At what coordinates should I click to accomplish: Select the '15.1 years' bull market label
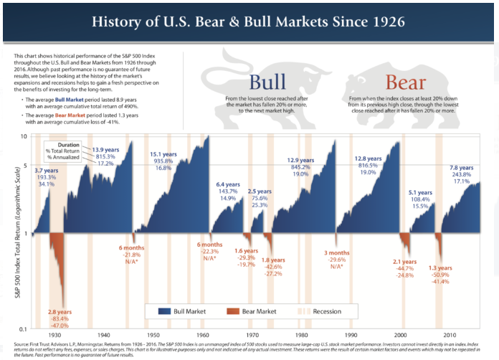(161, 154)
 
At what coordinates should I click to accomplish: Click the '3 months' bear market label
(336, 252)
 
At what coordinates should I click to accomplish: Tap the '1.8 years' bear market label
(272, 260)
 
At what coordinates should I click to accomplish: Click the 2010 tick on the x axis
(450, 335)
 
